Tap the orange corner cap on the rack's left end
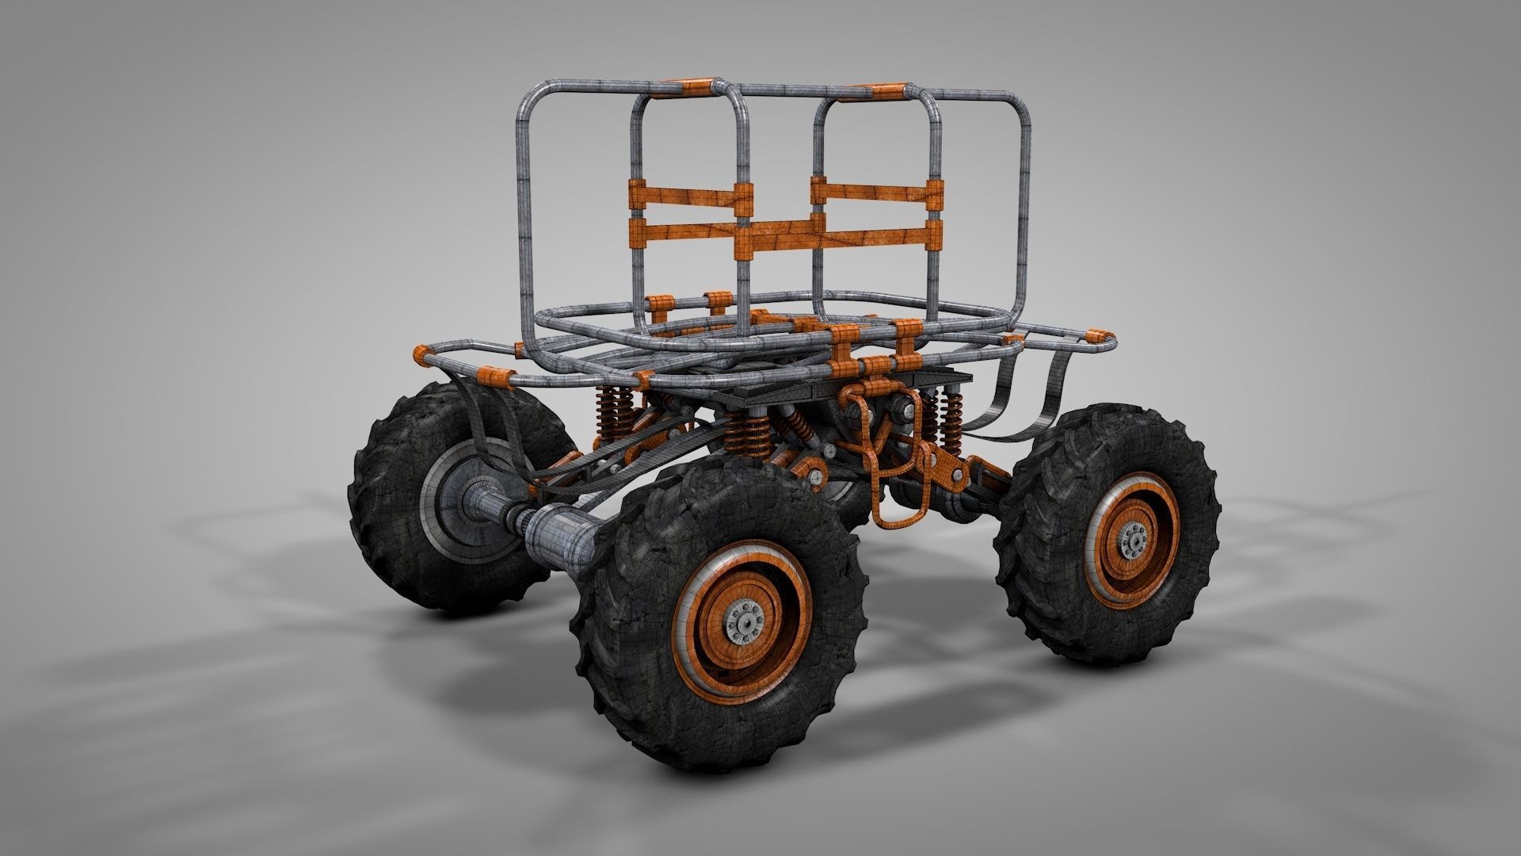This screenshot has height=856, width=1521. point(421,353)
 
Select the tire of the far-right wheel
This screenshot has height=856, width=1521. point(1188,476)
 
